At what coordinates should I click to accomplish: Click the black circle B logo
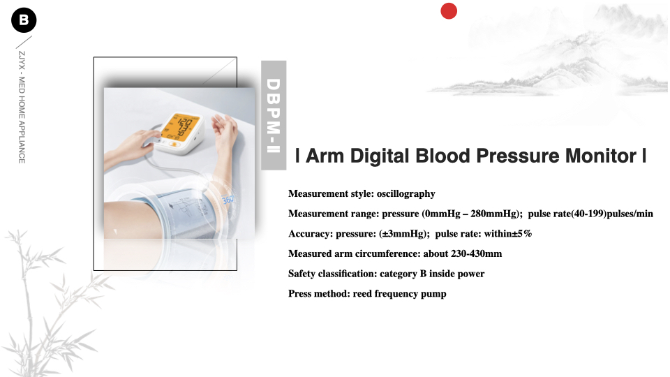(x=24, y=20)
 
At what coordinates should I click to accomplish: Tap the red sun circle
(x=449, y=11)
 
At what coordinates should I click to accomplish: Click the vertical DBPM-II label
(x=274, y=115)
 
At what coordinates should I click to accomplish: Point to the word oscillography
(x=406, y=194)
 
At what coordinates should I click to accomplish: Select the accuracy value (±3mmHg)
(x=404, y=234)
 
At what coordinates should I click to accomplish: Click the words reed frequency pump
(x=399, y=294)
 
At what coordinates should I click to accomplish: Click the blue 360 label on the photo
(x=228, y=200)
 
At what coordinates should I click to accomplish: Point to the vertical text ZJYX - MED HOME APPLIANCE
(x=22, y=108)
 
